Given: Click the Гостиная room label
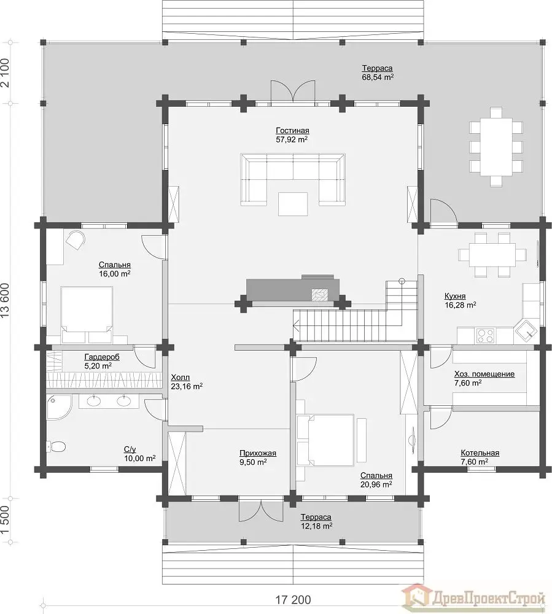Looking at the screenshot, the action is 292,130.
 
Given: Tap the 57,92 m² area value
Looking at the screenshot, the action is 292,139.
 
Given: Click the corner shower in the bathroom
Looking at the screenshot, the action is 58,407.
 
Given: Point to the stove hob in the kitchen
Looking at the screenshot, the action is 485,335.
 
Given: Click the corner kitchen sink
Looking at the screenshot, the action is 527,332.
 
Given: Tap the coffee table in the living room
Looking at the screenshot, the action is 293,204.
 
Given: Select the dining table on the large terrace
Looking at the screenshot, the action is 496,147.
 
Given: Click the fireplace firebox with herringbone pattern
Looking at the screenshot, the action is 320,294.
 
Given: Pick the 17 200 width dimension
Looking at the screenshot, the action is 293,599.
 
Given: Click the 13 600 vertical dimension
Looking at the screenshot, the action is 5,300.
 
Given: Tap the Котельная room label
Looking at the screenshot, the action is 480,453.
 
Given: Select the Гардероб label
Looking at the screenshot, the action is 102,357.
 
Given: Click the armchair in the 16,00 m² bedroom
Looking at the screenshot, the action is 76,240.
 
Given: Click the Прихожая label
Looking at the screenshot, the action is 258,453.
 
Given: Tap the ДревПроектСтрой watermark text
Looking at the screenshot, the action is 489,598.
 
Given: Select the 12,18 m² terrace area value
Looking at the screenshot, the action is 316,526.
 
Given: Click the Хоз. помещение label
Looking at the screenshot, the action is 484,374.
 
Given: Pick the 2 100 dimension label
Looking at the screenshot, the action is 5,72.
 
